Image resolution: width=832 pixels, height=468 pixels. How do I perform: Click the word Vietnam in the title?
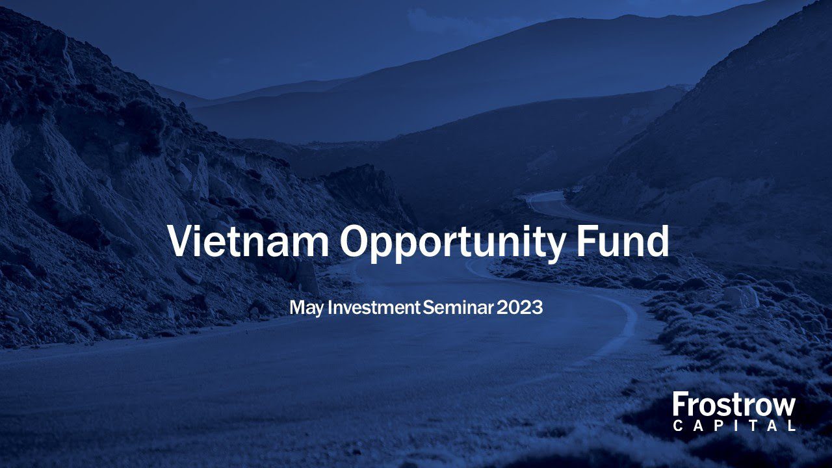[x=248, y=240]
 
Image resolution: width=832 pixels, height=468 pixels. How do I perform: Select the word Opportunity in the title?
[x=453, y=244]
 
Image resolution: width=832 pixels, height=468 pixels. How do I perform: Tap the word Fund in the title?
[x=623, y=240]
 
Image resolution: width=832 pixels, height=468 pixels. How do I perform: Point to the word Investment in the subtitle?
[x=374, y=307]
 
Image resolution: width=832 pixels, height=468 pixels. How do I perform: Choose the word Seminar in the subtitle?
[x=458, y=307]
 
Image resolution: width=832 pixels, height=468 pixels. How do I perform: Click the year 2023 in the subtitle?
[x=519, y=307]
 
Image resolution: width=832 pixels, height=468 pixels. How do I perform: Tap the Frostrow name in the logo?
[x=734, y=405]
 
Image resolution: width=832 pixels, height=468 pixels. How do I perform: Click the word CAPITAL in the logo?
[x=734, y=426]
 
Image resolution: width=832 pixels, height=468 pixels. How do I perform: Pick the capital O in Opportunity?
[x=356, y=240]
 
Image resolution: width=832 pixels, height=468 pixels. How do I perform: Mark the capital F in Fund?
[x=587, y=240]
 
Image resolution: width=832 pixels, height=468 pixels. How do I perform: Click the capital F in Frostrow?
[x=680, y=405]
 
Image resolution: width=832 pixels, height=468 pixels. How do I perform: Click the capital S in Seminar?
[x=428, y=307]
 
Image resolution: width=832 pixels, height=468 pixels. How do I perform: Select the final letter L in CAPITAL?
[x=792, y=426]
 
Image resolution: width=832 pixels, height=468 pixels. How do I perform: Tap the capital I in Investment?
[x=330, y=307]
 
